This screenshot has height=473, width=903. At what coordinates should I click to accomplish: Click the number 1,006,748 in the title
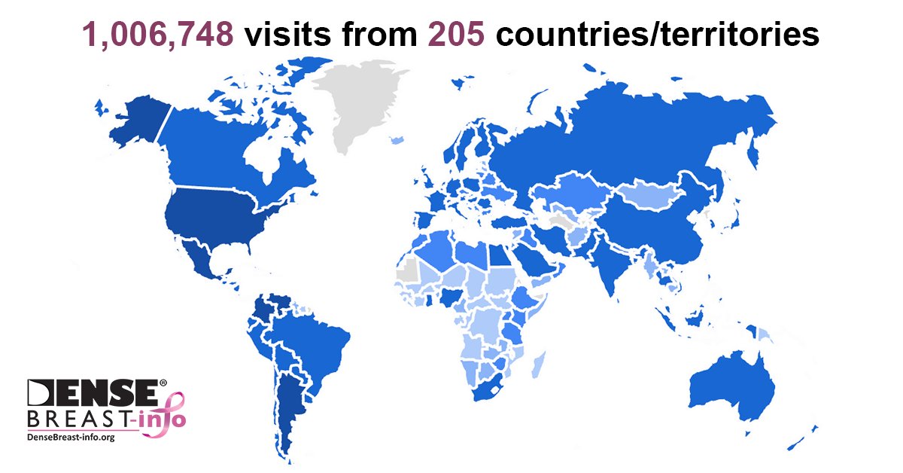coord(157,33)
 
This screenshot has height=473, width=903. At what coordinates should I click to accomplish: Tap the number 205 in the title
coord(457,33)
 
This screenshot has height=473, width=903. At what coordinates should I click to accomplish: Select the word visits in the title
coord(284,33)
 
